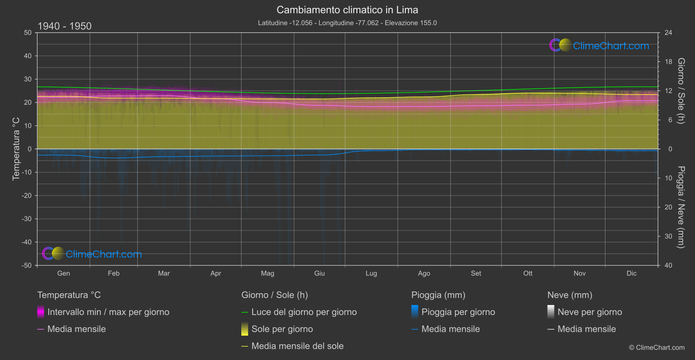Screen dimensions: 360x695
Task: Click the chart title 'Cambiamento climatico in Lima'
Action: [347, 10]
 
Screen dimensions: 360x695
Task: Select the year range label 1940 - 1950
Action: [65, 26]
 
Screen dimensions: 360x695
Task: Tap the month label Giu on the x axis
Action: [319, 273]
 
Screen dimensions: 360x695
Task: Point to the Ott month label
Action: [528, 273]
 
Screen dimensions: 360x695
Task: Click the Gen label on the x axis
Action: [64, 273]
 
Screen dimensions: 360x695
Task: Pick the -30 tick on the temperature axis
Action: [27, 219]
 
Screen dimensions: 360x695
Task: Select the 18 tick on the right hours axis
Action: [668, 62]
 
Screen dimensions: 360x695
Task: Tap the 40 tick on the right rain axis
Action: [668, 265]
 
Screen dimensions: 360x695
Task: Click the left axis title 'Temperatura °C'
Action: [16, 149]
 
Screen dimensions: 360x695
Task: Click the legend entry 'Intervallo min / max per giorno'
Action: [108, 312]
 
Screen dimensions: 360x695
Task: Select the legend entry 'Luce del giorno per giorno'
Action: [304, 312]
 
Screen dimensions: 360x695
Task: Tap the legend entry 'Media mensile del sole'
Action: [298, 346]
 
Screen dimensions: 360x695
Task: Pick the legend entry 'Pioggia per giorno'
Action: [458, 312]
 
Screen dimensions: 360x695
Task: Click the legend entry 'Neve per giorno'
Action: [589, 312]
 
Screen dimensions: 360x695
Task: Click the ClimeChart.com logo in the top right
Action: [599, 45]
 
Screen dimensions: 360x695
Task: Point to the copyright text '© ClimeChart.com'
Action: [657, 348]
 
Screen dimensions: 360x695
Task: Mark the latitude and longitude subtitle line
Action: [347, 23]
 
